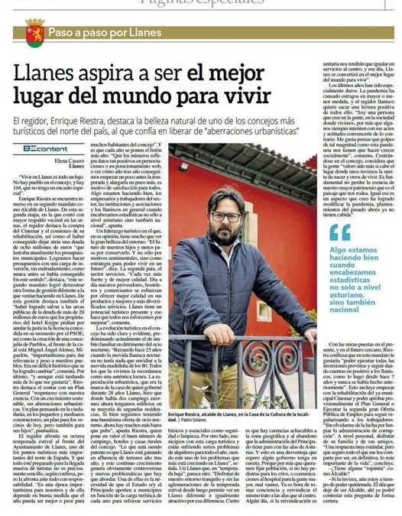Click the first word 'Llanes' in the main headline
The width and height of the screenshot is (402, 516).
pos(47,75)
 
